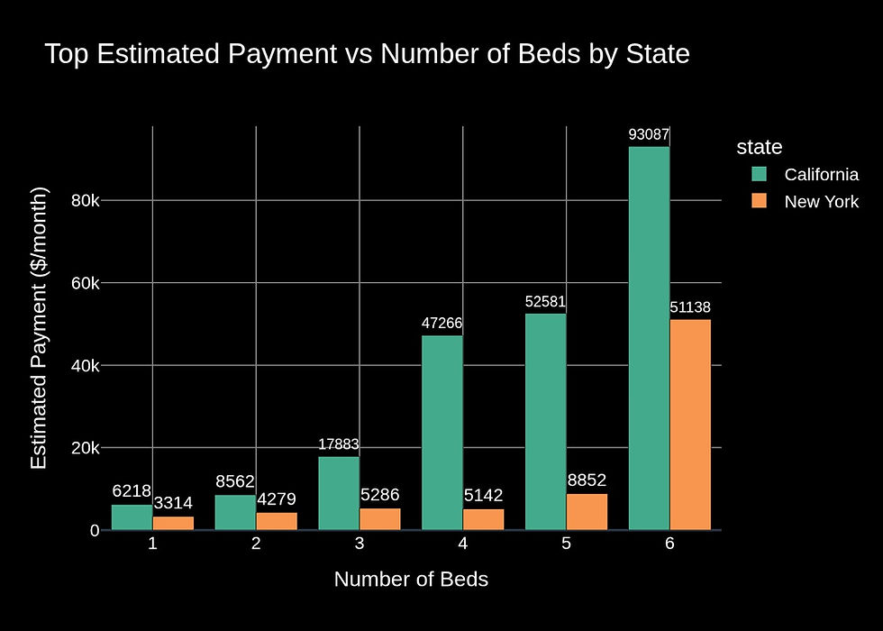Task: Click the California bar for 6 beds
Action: point(649,338)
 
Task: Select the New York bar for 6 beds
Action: point(690,425)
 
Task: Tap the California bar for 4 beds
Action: point(441,433)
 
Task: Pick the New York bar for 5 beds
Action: point(587,512)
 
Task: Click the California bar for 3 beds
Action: point(339,493)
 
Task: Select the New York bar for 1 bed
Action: point(173,523)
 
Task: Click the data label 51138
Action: point(690,308)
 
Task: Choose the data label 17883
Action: point(339,444)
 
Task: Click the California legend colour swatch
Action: point(759,174)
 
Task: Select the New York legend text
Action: point(821,202)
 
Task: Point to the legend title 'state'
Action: point(759,147)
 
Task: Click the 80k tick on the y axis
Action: point(86,200)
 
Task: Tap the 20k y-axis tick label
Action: point(86,448)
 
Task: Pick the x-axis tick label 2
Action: point(256,544)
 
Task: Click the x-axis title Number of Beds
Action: point(411,580)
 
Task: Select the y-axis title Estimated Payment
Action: point(39,328)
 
